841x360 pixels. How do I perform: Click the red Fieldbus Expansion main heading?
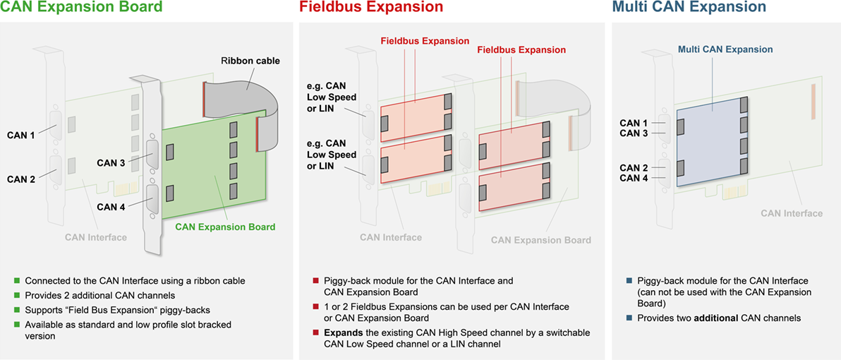click(x=371, y=8)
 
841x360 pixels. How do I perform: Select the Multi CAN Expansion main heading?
click(x=689, y=8)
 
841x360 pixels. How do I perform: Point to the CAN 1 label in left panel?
click(x=21, y=135)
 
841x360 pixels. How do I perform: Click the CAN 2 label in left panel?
click(x=21, y=179)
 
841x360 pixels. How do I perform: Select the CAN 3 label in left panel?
click(x=111, y=163)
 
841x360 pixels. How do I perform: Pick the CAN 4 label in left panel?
click(x=111, y=207)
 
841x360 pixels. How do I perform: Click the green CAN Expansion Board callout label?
click(x=225, y=227)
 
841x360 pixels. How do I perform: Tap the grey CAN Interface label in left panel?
click(x=96, y=237)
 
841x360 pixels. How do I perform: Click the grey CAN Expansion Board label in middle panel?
click(x=541, y=240)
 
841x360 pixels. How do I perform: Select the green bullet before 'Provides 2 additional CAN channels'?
click(x=18, y=296)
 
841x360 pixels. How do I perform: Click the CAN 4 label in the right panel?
click(x=634, y=179)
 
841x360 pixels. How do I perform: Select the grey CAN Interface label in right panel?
click(x=792, y=213)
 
